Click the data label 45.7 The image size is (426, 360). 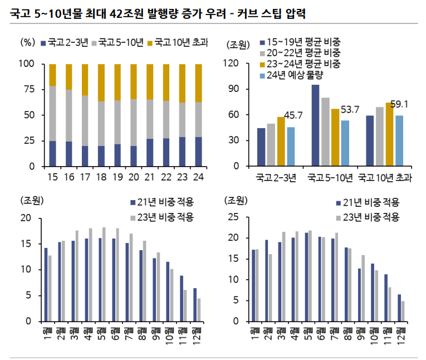click(293, 116)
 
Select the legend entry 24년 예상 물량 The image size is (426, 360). click(295, 75)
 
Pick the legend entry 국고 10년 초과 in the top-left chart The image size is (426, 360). click(180, 42)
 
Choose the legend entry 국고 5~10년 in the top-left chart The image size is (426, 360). click(121, 42)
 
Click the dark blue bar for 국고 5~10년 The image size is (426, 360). click(315, 125)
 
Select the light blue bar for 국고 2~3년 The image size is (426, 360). click(291, 147)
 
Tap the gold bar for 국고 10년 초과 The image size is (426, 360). click(390, 134)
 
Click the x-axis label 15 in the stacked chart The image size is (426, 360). click(52, 177)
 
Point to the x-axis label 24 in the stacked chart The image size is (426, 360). click(198, 177)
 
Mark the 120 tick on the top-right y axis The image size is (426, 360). click(232, 64)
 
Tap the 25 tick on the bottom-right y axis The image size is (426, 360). click(234, 217)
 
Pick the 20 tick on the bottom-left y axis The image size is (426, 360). click(26, 218)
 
